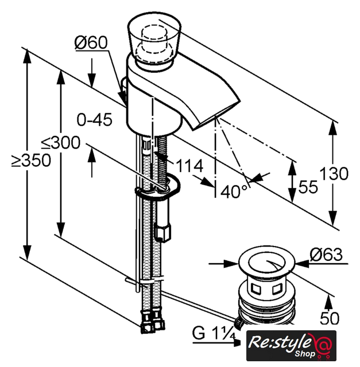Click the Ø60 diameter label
(91, 42)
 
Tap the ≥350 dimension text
(31, 161)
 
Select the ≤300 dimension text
(61, 143)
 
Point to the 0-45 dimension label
(95, 120)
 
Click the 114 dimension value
(189, 166)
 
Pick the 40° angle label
(234, 191)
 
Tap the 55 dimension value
(308, 186)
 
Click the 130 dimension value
(334, 173)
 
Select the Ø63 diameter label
(326, 255)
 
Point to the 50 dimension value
(330, 318)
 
